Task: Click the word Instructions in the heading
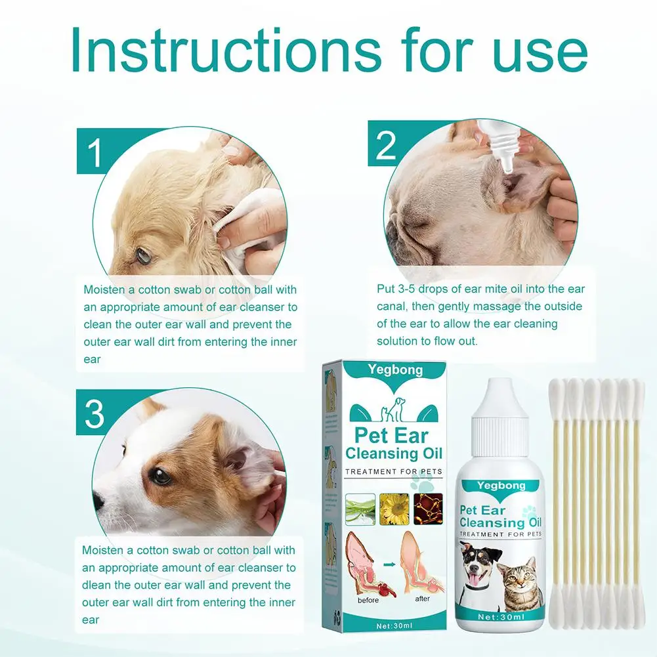tap(226, 51)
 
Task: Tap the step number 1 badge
tap(96, 152)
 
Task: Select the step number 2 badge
tap(386, 144)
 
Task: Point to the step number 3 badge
tap(95, 412)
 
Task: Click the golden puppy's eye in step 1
tap(144, 254)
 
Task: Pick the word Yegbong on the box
tap(395, 370)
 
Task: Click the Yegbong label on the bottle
tap(501, 486)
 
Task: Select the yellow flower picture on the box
tap(394, 509)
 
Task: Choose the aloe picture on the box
tap(360, 509)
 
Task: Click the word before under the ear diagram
tap(368, 601)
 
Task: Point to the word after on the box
tap(423, 599)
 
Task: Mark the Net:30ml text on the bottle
tap(501, 617)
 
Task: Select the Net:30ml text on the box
tap(394, 626)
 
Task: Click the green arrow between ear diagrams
tap(390, 564)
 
